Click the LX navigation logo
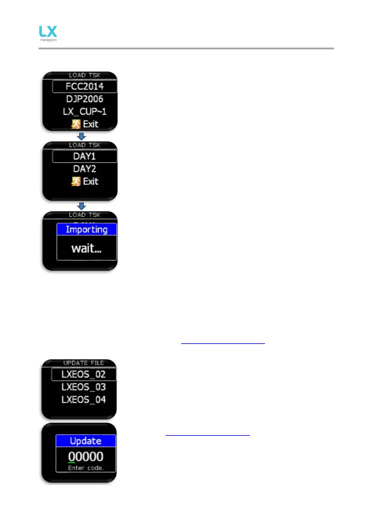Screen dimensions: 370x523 48,33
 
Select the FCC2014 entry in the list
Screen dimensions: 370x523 85,86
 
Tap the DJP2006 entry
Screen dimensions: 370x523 85,99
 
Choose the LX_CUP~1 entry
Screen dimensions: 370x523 85,111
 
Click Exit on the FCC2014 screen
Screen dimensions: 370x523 90,124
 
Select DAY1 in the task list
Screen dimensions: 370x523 85,156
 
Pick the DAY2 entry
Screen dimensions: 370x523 85,169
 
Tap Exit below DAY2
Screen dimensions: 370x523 90,181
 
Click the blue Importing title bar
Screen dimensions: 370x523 87,229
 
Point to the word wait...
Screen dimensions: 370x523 86,248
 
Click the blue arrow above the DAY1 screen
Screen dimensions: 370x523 81,137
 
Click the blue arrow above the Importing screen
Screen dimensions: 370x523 81,206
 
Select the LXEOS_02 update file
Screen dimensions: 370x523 84,374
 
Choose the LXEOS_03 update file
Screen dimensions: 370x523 84,387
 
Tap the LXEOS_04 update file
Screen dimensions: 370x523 84,399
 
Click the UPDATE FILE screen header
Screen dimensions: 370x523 84,363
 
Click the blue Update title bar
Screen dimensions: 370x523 86,441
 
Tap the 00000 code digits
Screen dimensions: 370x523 86,457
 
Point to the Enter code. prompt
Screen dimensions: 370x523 86,468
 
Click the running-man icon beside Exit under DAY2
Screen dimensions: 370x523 76,181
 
